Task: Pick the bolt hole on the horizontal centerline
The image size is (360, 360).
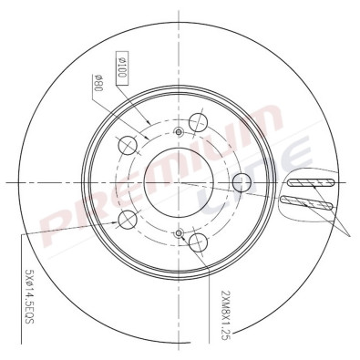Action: tap(242, 180)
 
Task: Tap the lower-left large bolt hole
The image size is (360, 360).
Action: tap(129, 219)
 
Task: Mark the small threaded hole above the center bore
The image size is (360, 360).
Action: tap(180, 133)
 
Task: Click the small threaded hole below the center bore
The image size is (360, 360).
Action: tap(180, 231)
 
